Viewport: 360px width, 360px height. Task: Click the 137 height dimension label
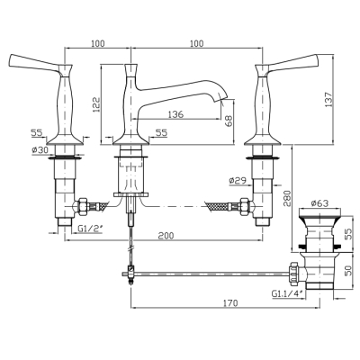tap(328, 99)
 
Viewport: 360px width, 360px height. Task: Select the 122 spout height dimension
tap(96, 104)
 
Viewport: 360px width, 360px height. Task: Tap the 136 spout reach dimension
tap(175, 114)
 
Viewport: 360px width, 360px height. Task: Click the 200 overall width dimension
tap(166, 236)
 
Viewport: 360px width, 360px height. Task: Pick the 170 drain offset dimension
tap(230, 303)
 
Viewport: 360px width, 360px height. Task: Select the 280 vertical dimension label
tap(287, 198)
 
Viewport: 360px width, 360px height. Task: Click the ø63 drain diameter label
tap(319, 203)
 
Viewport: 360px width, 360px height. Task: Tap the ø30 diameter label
tap(40, 150)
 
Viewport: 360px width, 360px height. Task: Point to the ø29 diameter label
tap(238, 181)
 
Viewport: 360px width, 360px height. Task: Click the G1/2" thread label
tap(90, 229)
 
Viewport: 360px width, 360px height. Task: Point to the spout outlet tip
tap(222, 99)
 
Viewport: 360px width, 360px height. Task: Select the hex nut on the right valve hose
tap(245, 207)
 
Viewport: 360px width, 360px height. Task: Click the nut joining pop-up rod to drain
tap(293, 274)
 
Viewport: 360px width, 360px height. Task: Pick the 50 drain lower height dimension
tap(348, 272)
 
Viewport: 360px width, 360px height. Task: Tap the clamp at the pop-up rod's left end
tap(130, 273)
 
